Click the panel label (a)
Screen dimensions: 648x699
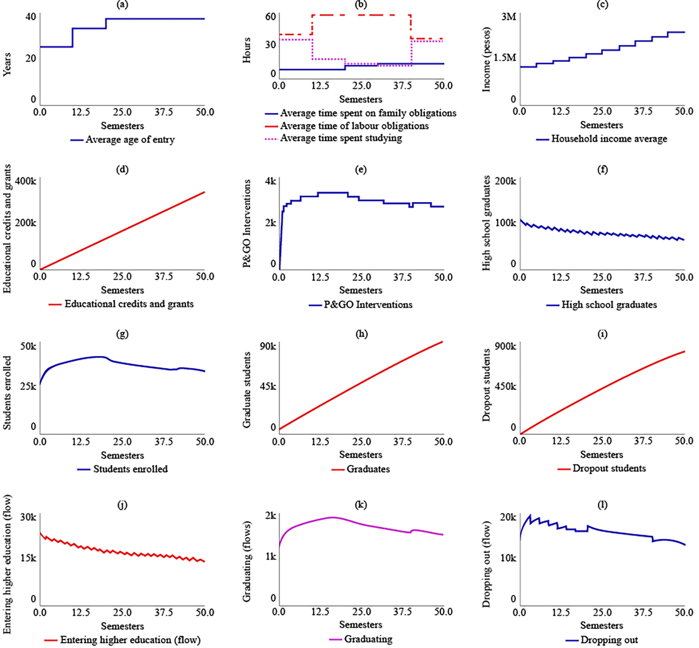[122, 5]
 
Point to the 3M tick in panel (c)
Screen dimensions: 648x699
[508, 17]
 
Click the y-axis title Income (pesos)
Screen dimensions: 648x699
[486, 60]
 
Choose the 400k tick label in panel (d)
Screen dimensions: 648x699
[26, 181]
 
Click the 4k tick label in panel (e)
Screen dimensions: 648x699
[270, 181]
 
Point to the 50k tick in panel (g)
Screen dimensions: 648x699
[28, 346]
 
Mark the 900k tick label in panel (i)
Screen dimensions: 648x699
[505, 346]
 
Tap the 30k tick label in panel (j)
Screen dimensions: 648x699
[28, 517]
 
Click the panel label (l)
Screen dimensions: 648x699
[602, 505]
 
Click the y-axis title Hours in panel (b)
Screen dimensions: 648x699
[247, 50]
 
